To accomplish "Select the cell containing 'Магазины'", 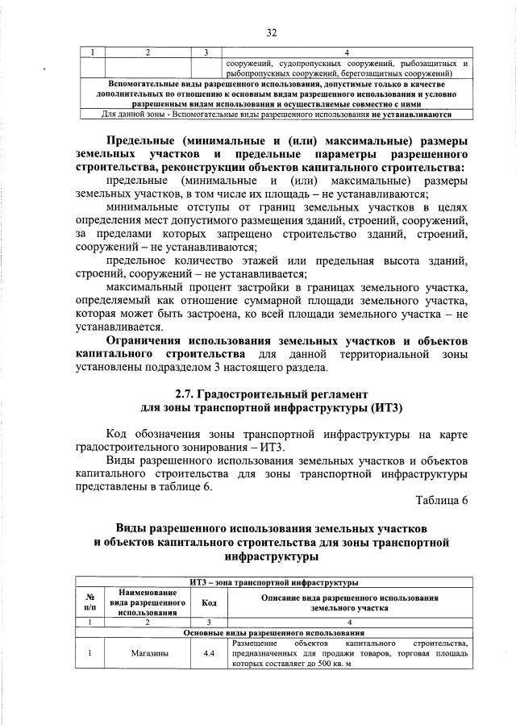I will point(149,654).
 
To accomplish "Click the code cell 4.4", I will point(209,654).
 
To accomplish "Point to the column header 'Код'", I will point(209,602).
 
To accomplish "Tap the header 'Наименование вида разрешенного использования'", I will point(149,602).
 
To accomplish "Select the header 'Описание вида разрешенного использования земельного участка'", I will point(349,602).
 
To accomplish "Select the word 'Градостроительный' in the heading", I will point(262,394).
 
